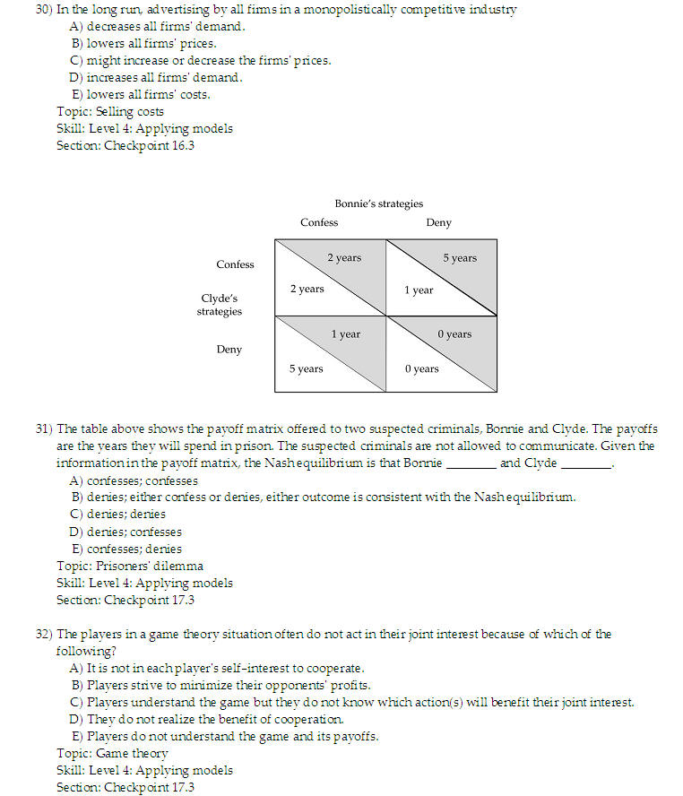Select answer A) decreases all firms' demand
point(158,26)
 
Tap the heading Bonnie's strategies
point(378,203)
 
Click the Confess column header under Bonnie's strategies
point(319,222)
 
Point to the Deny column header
point(438,222)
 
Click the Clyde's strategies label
point(220,305)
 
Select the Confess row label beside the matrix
point(235,264)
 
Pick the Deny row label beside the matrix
point(229,350)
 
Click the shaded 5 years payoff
point(460,258)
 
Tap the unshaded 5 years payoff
point(307,368)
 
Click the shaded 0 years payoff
point(454,334)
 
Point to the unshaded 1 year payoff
point(419,290)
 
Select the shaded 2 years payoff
point(344,258)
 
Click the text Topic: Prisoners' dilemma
point(130,566)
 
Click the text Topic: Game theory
point(112,753)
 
